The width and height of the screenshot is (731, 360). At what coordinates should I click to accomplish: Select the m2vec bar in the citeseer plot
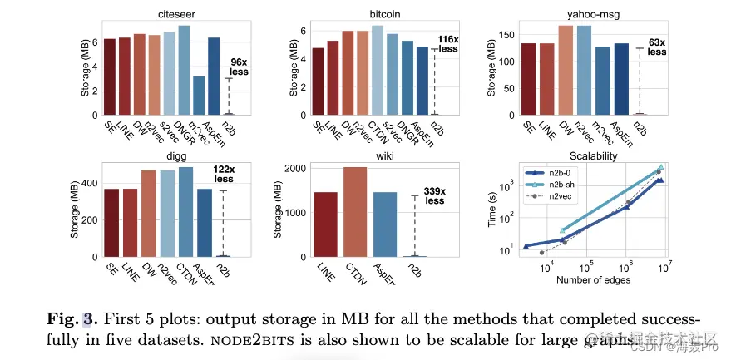(199, 96)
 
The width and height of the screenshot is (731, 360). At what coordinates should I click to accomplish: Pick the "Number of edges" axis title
(593, 279)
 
